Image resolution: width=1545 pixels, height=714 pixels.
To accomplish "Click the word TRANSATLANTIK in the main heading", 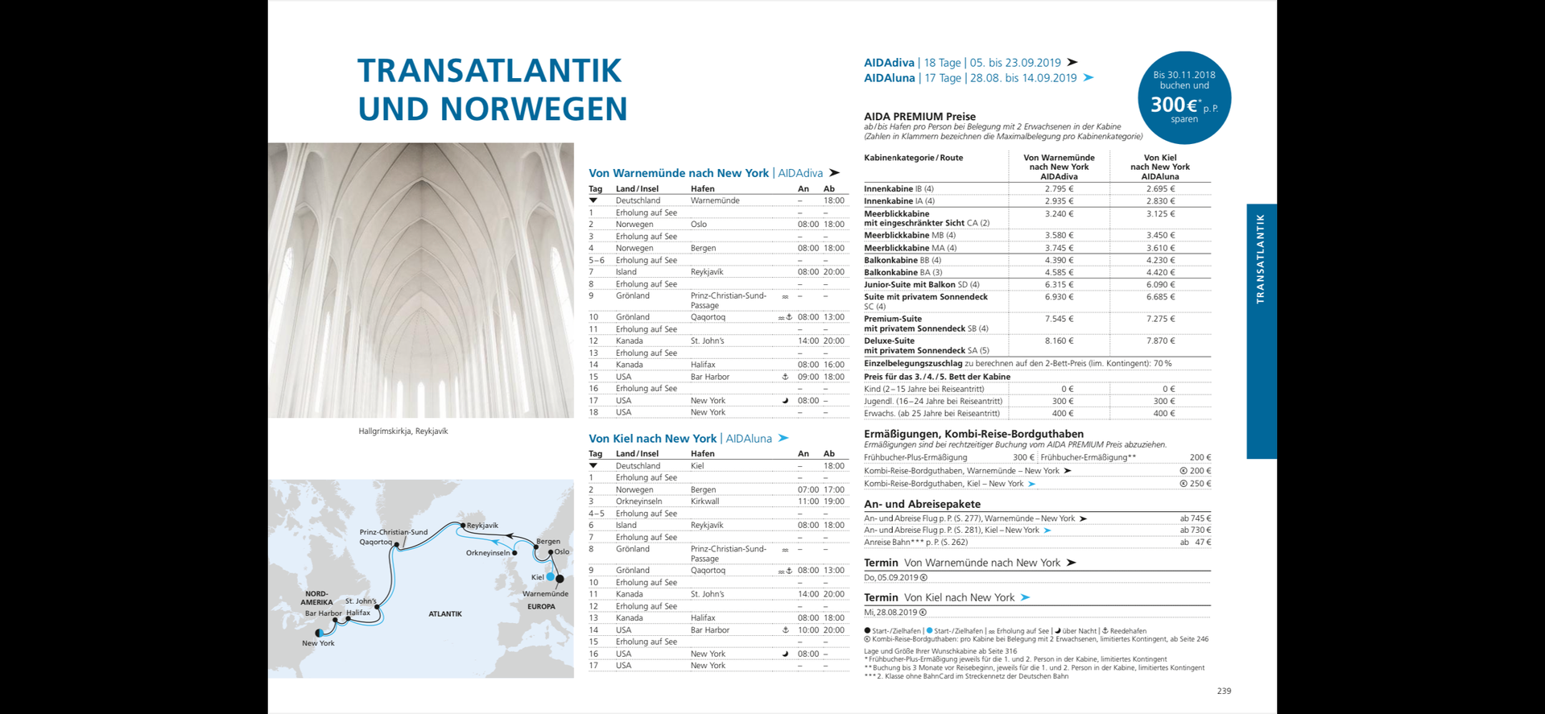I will (x=490, y=71).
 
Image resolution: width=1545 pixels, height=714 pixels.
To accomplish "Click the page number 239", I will (x=1224, y=691).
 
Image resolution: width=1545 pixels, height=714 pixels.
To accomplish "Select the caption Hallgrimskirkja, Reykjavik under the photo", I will (x=403, y=431).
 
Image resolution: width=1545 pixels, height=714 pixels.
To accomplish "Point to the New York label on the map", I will (x=318, y=643).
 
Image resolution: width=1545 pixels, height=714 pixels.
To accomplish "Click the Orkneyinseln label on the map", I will (x=488, y=553).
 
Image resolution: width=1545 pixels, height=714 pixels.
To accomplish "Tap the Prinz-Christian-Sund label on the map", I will (x=394, y=532).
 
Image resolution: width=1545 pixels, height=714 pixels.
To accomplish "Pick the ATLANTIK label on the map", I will (x=445, y=614).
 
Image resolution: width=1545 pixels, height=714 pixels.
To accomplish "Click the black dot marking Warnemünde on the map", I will (x=560, y=579).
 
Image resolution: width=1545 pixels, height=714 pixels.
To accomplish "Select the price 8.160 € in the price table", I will (x=1059, y=341).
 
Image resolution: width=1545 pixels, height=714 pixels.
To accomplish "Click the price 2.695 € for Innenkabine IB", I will (x=1160, y=189).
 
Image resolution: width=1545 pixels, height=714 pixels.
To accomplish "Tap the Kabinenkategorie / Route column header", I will (x=913, y=158).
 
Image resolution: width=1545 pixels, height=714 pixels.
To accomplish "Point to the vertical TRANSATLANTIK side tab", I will (x=1261, y=258).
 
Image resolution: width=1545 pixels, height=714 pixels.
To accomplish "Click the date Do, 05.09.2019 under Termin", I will (x=891, y=578).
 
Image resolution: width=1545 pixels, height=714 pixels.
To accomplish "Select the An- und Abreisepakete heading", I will (x=922, y=505).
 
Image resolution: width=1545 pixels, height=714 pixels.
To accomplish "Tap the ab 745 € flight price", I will (x=1195, y=519).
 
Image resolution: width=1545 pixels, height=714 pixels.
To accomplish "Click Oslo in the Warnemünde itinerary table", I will (x=699, y=225).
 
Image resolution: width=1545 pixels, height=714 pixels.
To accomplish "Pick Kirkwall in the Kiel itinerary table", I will (x=704, y=501).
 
